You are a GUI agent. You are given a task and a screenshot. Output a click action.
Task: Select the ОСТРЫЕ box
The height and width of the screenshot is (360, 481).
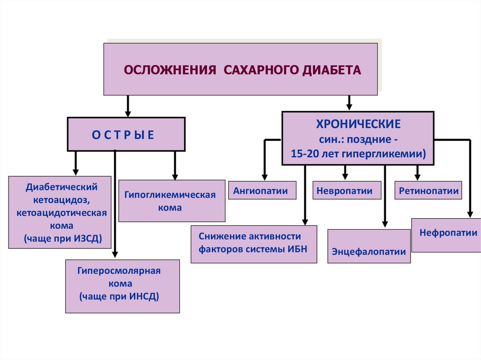click(x=126, y=134)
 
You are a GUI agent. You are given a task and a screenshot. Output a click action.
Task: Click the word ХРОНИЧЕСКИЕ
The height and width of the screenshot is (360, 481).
click(x=358, y=124)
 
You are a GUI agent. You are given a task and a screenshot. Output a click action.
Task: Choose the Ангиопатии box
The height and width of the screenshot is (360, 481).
click(x=263, y=191)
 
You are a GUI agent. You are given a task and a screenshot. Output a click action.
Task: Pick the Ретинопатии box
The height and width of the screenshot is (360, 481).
click(x=428, y=191)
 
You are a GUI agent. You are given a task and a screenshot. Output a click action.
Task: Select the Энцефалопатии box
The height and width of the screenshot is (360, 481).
click(x=369, y=252)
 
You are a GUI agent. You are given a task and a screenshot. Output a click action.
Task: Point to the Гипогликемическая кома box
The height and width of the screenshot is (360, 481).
click(x=172, y=200)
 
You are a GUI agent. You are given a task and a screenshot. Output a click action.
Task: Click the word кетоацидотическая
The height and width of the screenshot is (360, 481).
click(x=61, y=213)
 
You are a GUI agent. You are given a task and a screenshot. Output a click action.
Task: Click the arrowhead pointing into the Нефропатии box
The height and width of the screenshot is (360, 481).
click(x=469, y=214)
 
